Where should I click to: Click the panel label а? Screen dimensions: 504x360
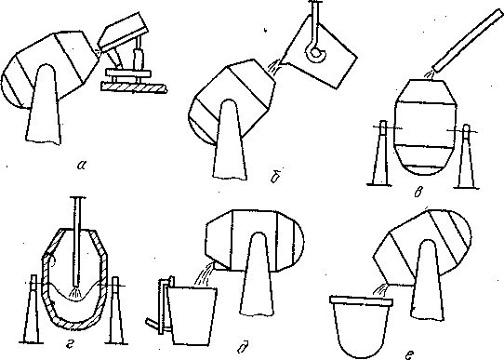[x=82, y=166]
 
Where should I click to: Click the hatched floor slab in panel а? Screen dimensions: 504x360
[x=134, y=87]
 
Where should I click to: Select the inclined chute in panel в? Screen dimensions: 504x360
[x=469, y=40]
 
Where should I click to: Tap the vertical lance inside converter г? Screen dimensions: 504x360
[x=77, y=241]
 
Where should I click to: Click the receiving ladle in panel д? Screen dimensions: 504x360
[x=192, y=316]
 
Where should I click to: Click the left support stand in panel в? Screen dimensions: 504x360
[x=380, y=153]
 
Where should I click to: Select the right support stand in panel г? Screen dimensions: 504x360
[x=115, y=310]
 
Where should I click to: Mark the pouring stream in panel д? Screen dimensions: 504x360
[x=203, y=273]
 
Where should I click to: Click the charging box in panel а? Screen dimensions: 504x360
[x=124, y=32]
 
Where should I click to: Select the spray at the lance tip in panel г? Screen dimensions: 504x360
[x=76, y=292]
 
